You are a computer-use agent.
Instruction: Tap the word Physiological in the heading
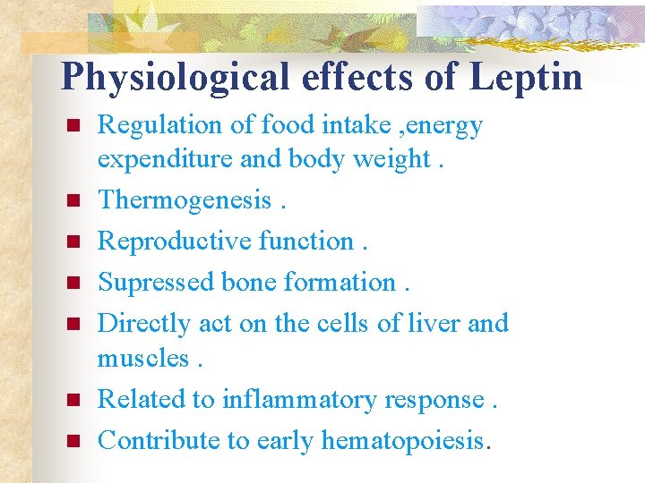tap(176, 77)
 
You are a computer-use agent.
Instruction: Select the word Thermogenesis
tap(184, 199)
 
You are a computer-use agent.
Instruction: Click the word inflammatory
tap(299, 399)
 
